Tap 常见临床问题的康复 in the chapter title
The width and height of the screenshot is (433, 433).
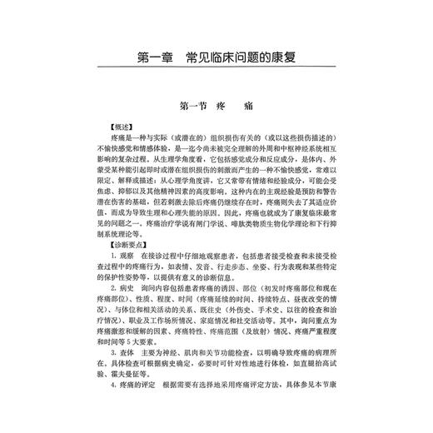[x=241, y=60]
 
